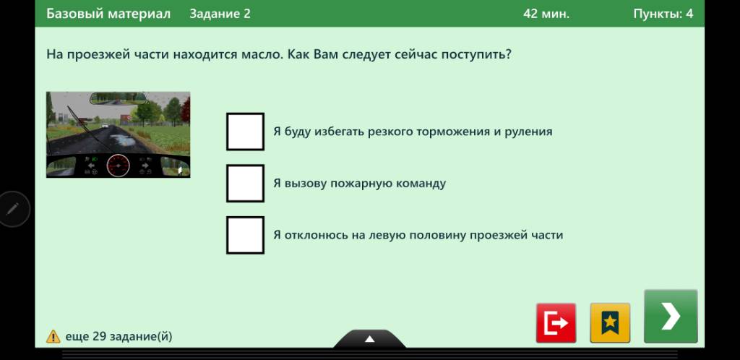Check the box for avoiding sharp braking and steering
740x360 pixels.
245,132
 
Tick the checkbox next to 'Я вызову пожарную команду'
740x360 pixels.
245,183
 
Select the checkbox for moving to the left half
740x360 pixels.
245,235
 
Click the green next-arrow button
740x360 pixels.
671,316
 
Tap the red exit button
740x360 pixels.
556,323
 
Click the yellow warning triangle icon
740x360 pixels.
53,336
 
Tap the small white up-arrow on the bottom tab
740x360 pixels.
369,339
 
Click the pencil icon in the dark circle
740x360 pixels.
13,208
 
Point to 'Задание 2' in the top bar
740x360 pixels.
220,14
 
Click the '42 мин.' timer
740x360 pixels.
546,14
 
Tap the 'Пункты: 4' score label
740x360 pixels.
663,14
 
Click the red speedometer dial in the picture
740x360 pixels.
118,166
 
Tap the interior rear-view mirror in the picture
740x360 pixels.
118,98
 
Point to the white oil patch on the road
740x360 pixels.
121,140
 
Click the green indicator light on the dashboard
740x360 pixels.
95,160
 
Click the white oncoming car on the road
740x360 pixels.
105,126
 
